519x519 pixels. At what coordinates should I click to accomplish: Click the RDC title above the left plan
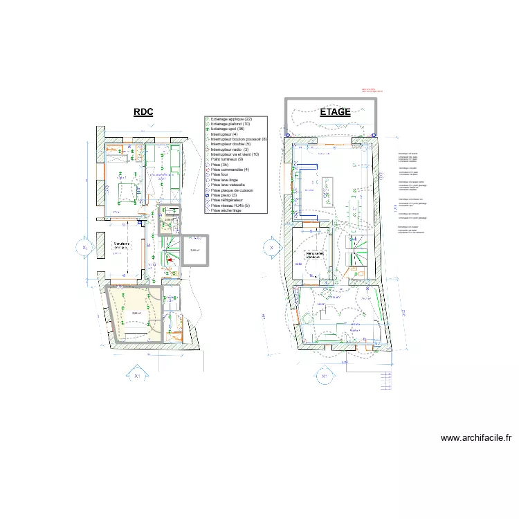coord(143,112)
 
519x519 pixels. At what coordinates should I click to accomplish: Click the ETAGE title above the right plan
coord(335,112)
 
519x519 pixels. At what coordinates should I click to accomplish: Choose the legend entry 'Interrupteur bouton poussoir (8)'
coord(238,139)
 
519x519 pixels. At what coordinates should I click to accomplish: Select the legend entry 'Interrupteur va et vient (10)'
coord(235,154)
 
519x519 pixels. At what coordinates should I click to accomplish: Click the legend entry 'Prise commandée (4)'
coord(229,170)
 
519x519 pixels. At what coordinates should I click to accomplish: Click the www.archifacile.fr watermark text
coord(475,438)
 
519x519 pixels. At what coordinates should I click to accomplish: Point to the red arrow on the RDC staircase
coord(167,260)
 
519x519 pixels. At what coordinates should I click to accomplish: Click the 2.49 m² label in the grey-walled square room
coord(194,251)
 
